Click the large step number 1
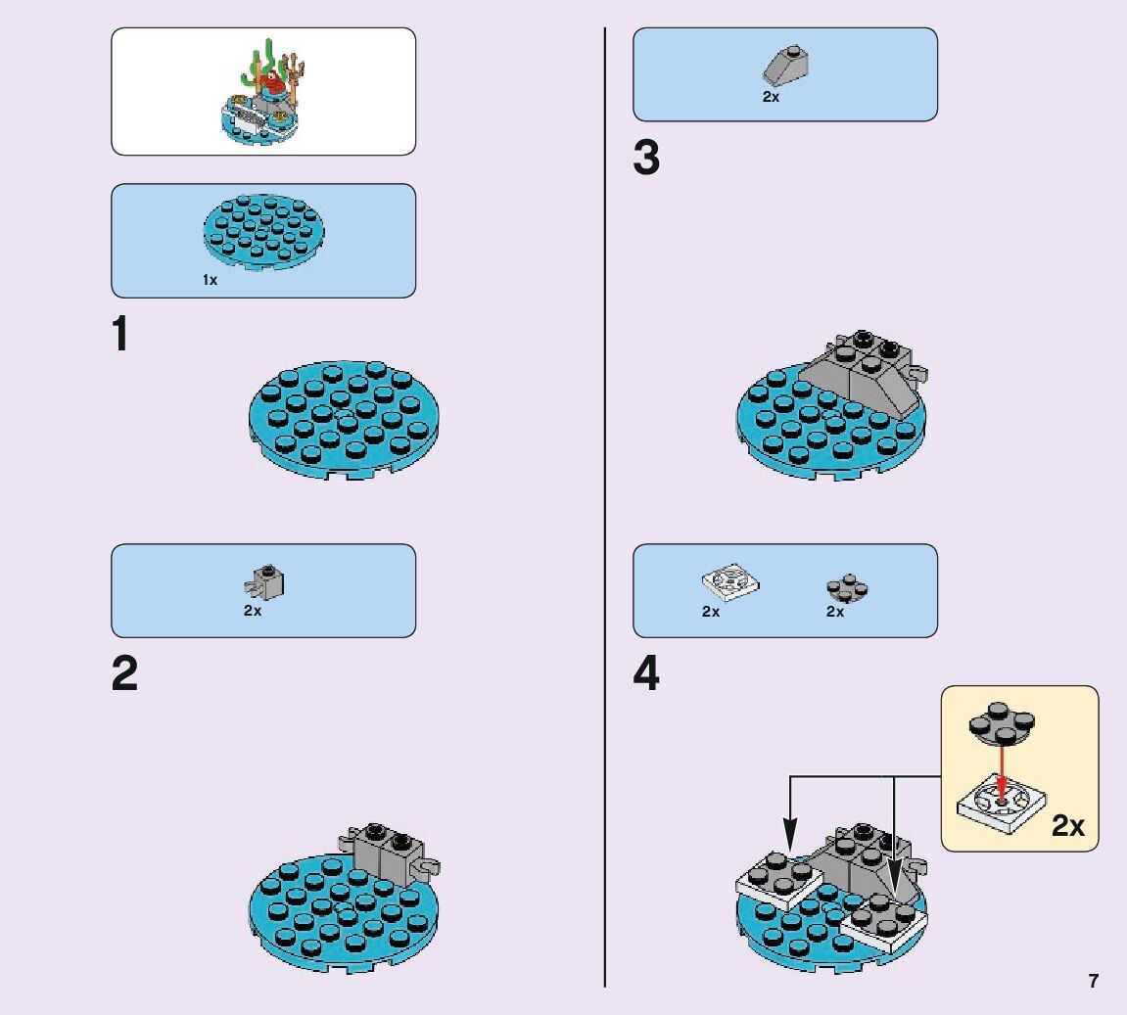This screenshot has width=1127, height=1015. point(120,334)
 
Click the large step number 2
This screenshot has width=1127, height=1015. point(124,674)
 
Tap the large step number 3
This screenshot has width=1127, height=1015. point(646,159)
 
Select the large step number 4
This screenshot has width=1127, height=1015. point(646,674)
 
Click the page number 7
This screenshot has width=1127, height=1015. point(1093,981)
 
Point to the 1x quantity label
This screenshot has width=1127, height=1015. point(211,280)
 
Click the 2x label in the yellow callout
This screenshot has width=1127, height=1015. point(1068,826)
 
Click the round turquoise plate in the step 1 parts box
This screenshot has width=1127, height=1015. point(263,232)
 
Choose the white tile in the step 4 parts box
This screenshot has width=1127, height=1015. point(730,582)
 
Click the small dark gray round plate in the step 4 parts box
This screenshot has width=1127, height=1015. point(847,587)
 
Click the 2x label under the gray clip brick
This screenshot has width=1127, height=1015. point(253,611)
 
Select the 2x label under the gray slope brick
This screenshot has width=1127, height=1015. point(772,97)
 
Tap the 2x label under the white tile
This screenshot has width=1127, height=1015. point(711,612)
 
